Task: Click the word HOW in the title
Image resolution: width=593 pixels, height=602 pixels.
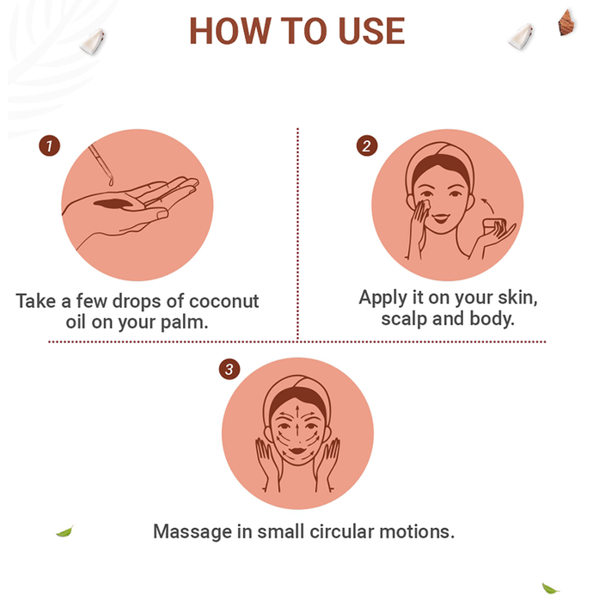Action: [x=230, y=31]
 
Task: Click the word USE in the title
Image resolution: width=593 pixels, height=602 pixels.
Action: [x=371, y=31]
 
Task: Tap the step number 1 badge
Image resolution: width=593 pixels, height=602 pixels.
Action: [x=50, y=146]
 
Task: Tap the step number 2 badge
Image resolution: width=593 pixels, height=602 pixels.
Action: [x=367, y=146]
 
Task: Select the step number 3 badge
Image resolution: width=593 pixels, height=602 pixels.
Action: [x=229, y=369]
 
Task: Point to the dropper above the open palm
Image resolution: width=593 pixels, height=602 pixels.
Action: [x=101, y=164]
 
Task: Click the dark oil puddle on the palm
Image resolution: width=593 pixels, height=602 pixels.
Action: [x=113, y=204]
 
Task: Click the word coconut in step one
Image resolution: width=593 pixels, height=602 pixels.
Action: [x=224, y=301]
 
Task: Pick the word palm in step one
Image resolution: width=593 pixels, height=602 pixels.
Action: [x=184, y=322]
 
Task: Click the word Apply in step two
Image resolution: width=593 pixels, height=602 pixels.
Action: [x=382, y=298]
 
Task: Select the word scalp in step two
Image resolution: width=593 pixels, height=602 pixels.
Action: [x=404, y=319]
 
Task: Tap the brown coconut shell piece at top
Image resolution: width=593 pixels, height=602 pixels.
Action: [x=566, y=22]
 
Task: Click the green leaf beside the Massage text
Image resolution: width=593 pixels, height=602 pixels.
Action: [x=64, y=531]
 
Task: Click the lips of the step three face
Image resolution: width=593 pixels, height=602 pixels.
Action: [x=297, y=451]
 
